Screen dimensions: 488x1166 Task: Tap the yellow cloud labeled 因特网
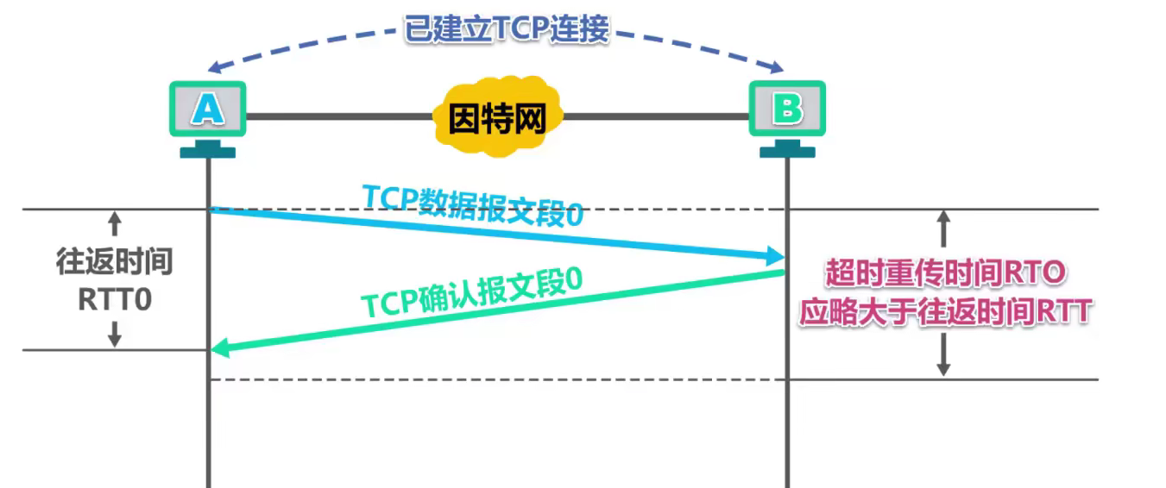pos(498,118)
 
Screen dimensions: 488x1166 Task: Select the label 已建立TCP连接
pos(507,28)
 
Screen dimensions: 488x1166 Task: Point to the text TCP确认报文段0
pos(471,294)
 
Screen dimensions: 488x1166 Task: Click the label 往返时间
pos(115,262)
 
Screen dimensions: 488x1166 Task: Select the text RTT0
pos(115,299)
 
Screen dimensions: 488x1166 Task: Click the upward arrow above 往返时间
pos(115,226)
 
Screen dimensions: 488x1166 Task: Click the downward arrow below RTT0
pos(115,335)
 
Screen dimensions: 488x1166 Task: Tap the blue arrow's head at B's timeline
pos(775,256)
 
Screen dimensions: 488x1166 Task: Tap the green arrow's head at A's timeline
pos(221,348)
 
